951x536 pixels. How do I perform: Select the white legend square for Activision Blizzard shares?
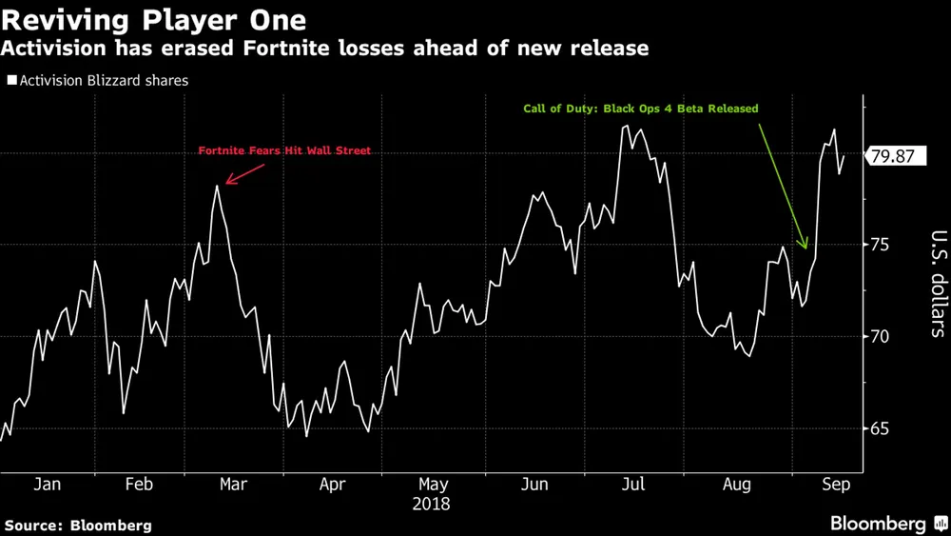(11, 81)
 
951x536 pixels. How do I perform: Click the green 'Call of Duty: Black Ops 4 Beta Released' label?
(641, 109)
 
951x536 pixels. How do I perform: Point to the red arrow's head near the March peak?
(226, 181)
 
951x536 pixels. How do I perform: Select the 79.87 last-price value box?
(894, 156)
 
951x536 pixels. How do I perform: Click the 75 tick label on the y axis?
(880, 245)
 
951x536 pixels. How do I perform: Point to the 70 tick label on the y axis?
(880, 337)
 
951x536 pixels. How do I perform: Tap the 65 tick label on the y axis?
(880, 429)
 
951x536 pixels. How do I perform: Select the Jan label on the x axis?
(47, 485)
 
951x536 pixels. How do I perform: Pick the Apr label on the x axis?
(332, 485)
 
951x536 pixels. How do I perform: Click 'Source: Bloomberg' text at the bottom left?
(78, 525)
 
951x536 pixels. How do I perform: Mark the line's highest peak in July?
(625, 125)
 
